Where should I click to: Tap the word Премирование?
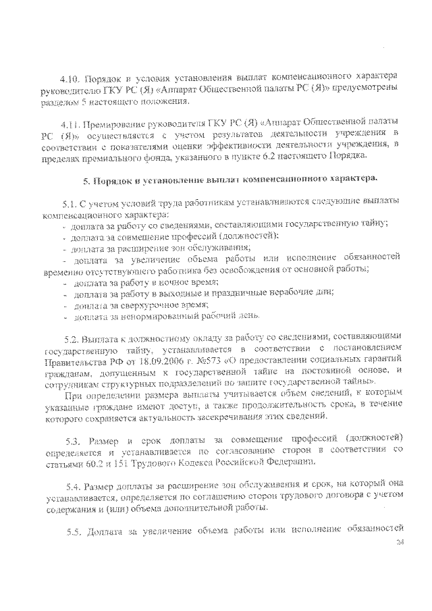[x=117, y=125]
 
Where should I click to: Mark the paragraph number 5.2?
[x=72, y=336]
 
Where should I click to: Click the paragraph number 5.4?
[x=74, y=487]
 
